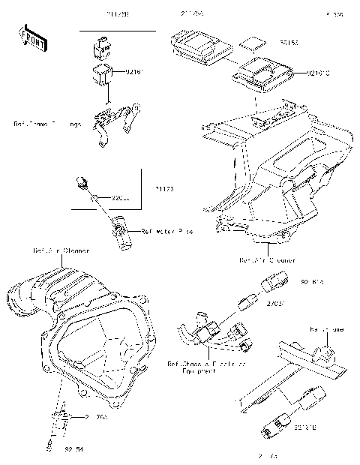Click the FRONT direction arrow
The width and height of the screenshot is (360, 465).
click(28, 35)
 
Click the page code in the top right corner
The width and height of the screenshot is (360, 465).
click(334, 14)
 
